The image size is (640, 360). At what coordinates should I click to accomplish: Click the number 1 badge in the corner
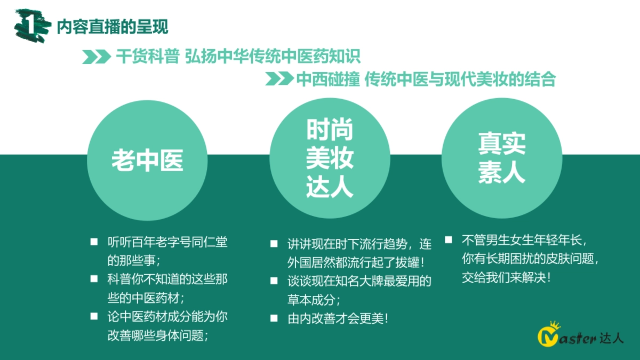click(x=31, y=25)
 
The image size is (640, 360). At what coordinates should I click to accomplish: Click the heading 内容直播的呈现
click(x=112, y=26)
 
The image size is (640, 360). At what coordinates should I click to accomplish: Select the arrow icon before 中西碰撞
click(x=279, y=79)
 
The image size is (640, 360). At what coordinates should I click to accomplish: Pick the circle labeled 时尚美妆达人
click(x=330, y=159)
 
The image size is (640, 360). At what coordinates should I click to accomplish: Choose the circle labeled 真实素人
click(x=502, y=158)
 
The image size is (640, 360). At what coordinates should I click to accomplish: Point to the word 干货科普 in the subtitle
click(x=147, y=57)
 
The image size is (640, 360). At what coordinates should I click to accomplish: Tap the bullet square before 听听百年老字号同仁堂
click(x=94, y=242)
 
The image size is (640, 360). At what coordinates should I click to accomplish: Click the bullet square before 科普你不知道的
click(x=94, y=278)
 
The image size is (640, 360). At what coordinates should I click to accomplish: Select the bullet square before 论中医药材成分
click(x=94, y=316)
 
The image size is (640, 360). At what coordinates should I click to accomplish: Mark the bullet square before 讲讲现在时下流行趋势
click(x=274, y=244)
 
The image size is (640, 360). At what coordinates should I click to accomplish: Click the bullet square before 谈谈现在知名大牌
click(x=274, y=281)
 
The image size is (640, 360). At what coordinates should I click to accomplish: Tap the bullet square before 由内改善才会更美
click(x=274, y=318)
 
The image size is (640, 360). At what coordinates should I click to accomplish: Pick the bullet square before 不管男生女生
click(x=449, y=240)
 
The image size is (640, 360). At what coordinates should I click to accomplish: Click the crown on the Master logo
click(x=555, y=325)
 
